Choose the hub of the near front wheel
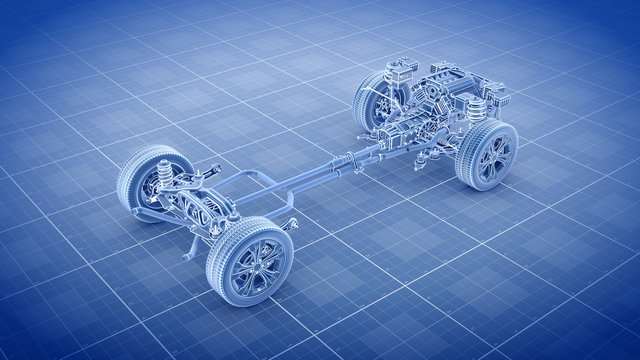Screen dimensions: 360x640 tap(493, 156)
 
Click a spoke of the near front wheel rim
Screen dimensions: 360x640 tap(501, 145)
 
